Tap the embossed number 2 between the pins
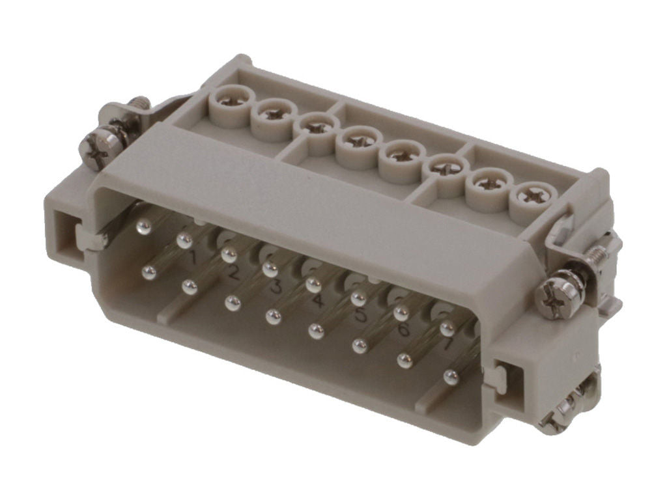click(x=233, y=273)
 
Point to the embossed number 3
click(x=276, y=287)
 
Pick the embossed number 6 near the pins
click(x=404, y=330)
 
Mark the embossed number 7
click(x=447, y=346)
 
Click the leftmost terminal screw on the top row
click(x=233, y=100)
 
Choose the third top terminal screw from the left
click(x=317, y=126)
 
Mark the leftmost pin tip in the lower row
click(x=149, y=271)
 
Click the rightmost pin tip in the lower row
click(x=450, y=375)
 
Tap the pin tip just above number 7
click(x=447, y=327)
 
